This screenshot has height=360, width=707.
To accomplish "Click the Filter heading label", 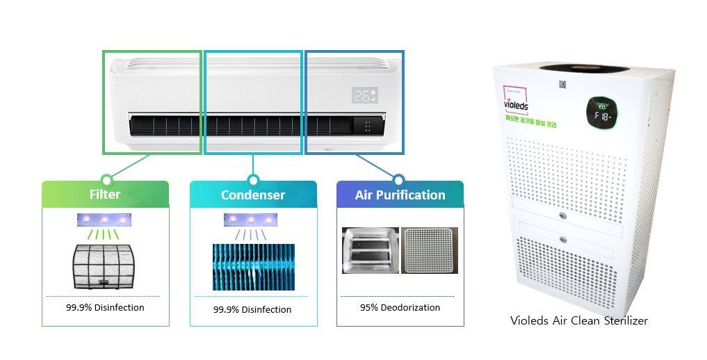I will coord(104,195).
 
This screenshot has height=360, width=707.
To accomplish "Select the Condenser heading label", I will coord(253,195).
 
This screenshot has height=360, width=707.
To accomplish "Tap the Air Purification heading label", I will coord(400,195).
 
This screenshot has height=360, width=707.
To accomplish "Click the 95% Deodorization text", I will coord(400,307).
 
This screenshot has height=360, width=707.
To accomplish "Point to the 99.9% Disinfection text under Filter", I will coord(105,307).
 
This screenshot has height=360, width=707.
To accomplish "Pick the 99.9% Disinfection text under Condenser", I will coord(252,309).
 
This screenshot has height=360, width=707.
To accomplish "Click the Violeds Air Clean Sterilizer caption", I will coord(579,320).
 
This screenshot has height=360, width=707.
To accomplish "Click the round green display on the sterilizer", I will coord(599,113).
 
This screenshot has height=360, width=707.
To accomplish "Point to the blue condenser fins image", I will coord(253,267).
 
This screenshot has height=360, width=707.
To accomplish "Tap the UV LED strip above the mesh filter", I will coord(104,220).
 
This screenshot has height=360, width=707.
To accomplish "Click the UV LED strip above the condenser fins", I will coord(250,220).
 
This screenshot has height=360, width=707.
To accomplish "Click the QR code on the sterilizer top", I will coord(560,85).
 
